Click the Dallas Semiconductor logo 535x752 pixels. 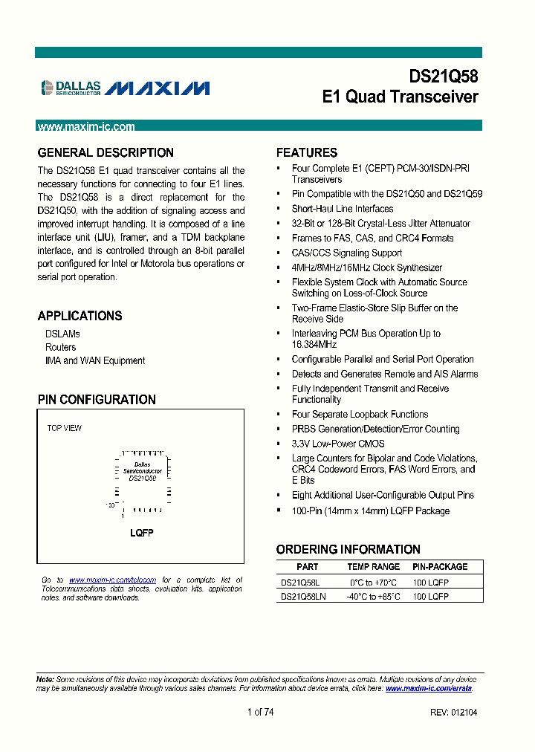71,88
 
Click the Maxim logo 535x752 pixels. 157,88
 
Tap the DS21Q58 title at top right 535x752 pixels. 444,77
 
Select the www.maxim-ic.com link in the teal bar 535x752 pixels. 86,127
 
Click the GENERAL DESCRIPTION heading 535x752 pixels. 106,153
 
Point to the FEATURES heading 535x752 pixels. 306,153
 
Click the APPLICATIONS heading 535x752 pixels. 80,316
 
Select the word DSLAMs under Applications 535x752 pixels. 62,334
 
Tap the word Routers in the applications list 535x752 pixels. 60,347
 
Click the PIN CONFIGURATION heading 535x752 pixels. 97,400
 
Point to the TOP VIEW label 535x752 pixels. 65,428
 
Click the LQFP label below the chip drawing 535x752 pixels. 141,534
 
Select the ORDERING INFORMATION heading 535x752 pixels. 348,550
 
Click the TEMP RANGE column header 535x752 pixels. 373,567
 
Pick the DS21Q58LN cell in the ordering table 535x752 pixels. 303,596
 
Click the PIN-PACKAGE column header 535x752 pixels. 440,567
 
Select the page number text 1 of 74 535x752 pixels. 260,712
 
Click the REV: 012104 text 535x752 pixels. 453,712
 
